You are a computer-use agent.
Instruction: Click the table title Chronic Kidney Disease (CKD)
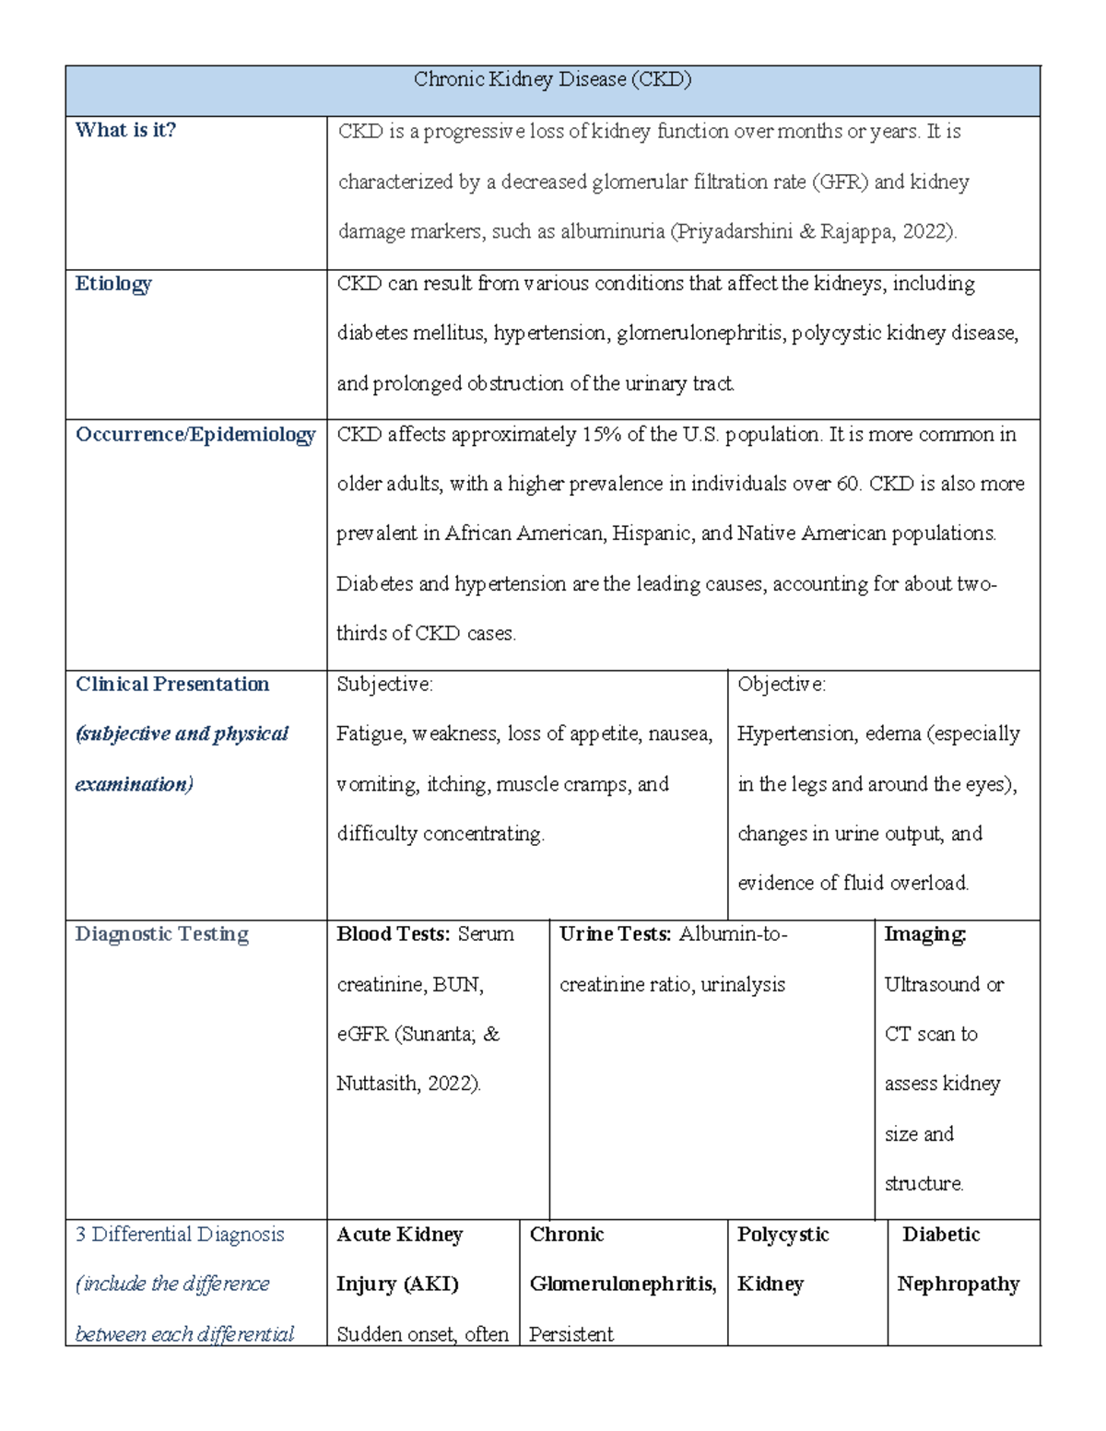(552, 79)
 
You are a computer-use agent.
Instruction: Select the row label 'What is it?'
(125, 130)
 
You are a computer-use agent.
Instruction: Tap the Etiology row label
(113, 284)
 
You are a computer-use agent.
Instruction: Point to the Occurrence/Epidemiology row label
(195, 434)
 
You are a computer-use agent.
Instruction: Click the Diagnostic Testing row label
(161, 934)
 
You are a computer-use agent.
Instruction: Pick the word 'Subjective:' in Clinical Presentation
(384, 684)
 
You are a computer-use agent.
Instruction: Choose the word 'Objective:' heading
(782, 684)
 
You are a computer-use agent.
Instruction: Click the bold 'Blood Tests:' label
(394, 934)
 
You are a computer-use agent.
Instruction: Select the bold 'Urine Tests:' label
(615, 934)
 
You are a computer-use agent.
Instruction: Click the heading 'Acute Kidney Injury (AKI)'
(399, 1259)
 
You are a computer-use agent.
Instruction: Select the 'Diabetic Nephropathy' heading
(958, 1259)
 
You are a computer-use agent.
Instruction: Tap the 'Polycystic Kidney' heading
(782, 1259)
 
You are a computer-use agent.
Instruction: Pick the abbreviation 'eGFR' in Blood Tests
(362, 1034)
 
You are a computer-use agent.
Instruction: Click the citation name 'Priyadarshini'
(734, 231)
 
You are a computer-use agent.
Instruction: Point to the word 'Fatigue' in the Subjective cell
(370, 733)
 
